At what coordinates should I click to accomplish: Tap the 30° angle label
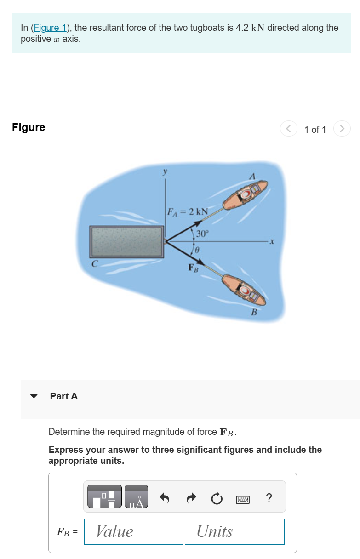click(x=202, y=234)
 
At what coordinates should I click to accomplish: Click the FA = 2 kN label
click(x=187, y=212)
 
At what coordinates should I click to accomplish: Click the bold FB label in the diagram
click(x=193, y=268)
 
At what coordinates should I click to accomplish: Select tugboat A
click(x=245, y=195)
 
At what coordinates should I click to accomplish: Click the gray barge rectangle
click(x=126, y=242)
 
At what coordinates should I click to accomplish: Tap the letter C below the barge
click(x=94, y=264)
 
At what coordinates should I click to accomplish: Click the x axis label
click(x=272, y=241)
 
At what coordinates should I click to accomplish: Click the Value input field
click(x=133, y=531)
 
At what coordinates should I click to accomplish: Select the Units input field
click(x=234, y=531)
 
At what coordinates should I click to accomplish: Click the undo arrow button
click(x=164, y=497)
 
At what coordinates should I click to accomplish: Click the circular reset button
click(x=217, y=497)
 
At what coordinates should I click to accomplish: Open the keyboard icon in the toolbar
click(x=243, y=498)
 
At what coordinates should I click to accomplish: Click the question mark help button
click(x=269, y=497)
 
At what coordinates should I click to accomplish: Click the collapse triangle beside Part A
click(x=34, y=396)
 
